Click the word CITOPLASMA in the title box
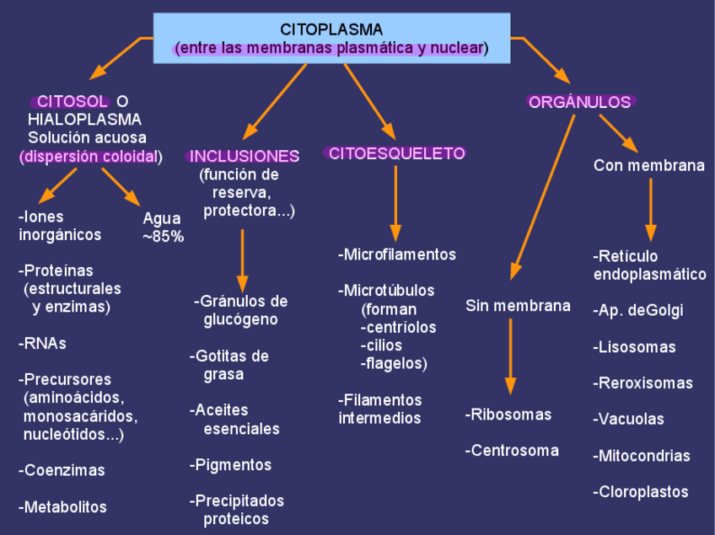pyautogui.click(x=331, y=29)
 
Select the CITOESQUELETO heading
pyautogui.click(x=396, y=152)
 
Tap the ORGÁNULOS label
pyautogui.click(x=580, y=102)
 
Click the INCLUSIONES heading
pyautogui.click(x=245, y=156)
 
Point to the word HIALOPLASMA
pyautogui.click(x=84, y=120)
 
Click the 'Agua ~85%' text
pyautogui.click(x=163, y=227)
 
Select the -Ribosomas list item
pyautogui.click(x=508, y=415)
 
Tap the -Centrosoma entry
pyautogui.click(x=512, y=451)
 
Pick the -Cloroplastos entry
pyautogui.click(x=641, y=492)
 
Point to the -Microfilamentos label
pyautogui.click(x=397, y=254)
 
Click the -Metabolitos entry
pyautogui.click(x=62, y=507)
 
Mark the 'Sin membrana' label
pyautogui.click(x=518, y=306)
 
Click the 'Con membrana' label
pyautogui.click(x=648, y=166)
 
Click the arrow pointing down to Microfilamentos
pyautogui.click(x=395, y=202)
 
